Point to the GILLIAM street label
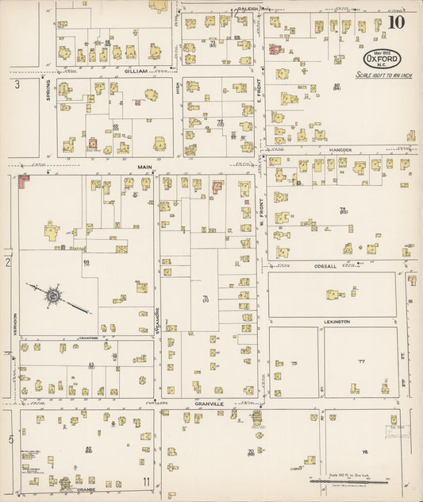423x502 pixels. (136, 71)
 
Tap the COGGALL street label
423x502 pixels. (325, 266)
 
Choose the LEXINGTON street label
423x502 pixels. (336, 322)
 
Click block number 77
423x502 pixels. (361, 361)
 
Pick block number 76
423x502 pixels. (365, 450)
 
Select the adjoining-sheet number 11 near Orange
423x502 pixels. (146, 481)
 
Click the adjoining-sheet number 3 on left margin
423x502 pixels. (15, 83)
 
